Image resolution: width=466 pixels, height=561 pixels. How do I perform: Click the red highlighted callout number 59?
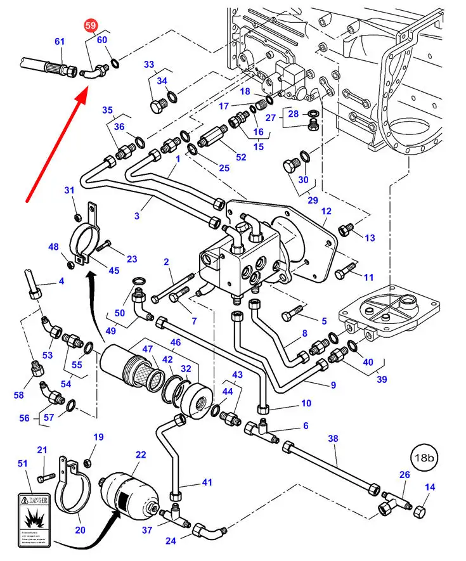(91, 25)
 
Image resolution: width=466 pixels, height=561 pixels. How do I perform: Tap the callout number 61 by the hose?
(60, 41)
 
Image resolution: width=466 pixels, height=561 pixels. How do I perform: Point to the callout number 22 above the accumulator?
(141, 455)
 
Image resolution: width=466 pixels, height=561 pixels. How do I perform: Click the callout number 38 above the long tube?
(333, 438)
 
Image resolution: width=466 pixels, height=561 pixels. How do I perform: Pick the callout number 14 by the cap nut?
(430, 487)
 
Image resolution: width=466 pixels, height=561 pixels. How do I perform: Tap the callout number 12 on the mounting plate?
(327, 211)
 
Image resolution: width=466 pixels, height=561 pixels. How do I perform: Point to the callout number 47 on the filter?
(147, 349)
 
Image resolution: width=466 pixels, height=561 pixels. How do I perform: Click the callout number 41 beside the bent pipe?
(207, 482)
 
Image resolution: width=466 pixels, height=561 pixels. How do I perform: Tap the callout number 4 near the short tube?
(61, 281)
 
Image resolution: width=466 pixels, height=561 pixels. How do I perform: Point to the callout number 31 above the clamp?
(70, 190)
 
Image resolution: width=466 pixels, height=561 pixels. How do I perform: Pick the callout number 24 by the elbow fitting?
(171, 541)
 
